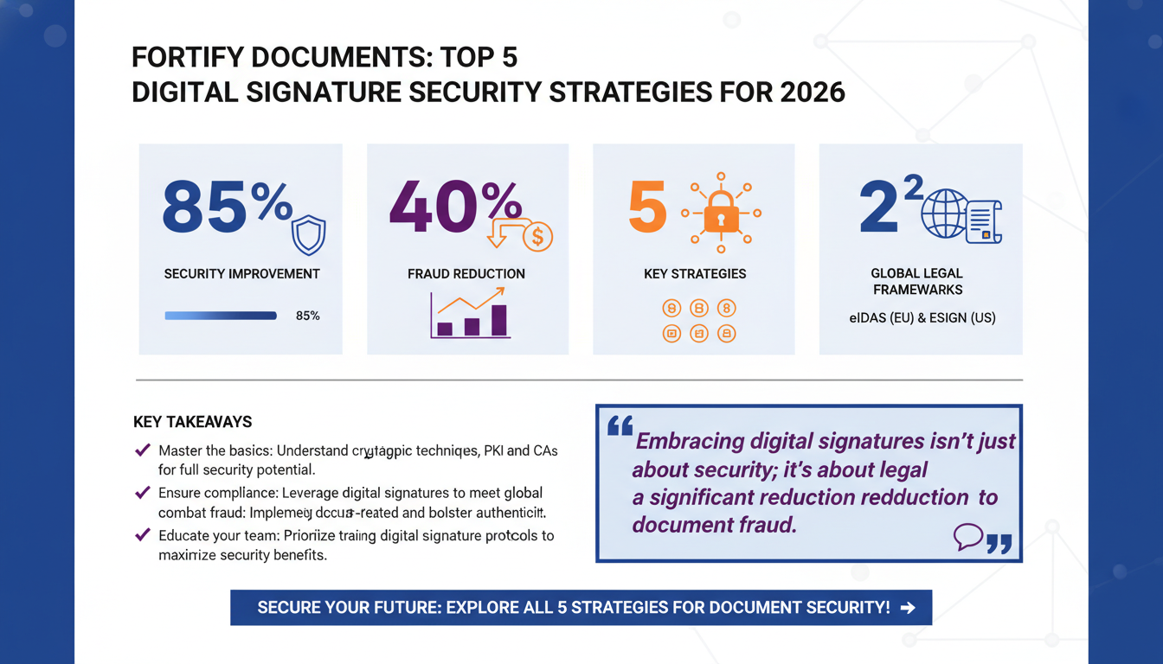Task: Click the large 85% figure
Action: tap(227, 207)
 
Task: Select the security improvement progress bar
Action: tap(221, 316)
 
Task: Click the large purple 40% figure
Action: tap(455, 207)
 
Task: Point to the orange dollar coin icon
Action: tap(537, 235)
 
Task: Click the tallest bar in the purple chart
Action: tap(499, 319)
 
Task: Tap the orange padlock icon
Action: tap(720, 214)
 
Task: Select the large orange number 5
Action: tap(647, 207)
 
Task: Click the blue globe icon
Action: tap(943, 214)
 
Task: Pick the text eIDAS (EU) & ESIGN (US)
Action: tap(922, 317)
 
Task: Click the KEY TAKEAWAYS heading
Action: tap(192, 422)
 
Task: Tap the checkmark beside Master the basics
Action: tap(143, 450)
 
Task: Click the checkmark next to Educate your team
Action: tap(143, 535)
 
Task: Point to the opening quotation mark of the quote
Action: tap(620, 426)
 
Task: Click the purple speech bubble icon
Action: tap(967, 537)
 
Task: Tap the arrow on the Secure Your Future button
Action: tap(908, 608)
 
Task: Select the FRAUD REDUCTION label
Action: tap(466, 274)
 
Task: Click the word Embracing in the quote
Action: tap(690, 441)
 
